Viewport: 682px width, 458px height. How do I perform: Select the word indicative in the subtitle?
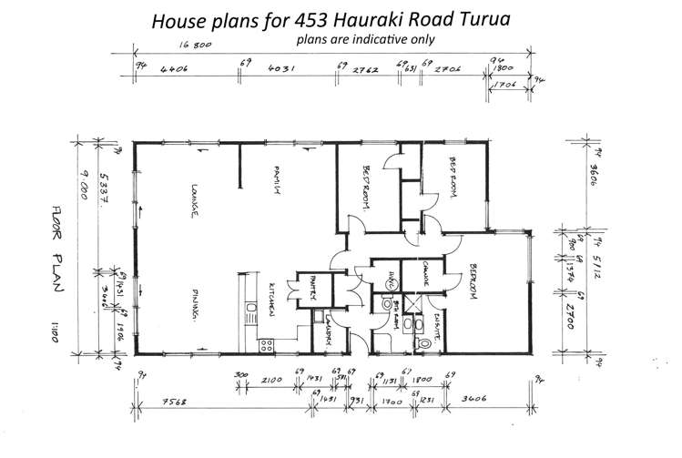pos(367,39)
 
